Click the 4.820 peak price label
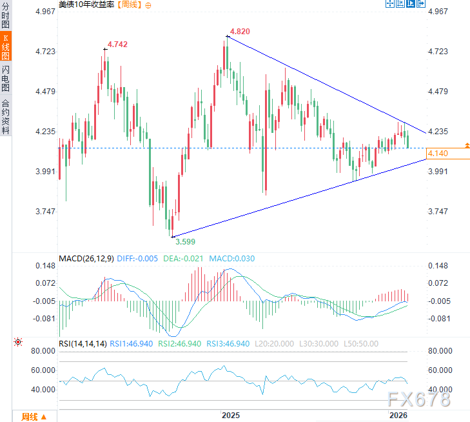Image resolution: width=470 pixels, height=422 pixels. point(240,31)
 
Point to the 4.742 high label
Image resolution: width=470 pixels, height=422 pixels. point(117,44)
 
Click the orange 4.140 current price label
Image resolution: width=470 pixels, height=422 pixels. point(437,153)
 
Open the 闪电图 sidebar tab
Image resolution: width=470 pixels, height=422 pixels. point(6,78)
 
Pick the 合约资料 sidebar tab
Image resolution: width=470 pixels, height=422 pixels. point(6,117)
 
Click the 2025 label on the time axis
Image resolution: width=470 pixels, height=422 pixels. point(230,414)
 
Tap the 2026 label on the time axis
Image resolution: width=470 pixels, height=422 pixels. point(399,414)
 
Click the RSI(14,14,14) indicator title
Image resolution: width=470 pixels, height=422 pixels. point(83,344)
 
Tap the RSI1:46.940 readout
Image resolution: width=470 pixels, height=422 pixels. point(132,344)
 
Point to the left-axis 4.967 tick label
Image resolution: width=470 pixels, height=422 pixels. point(43,12)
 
